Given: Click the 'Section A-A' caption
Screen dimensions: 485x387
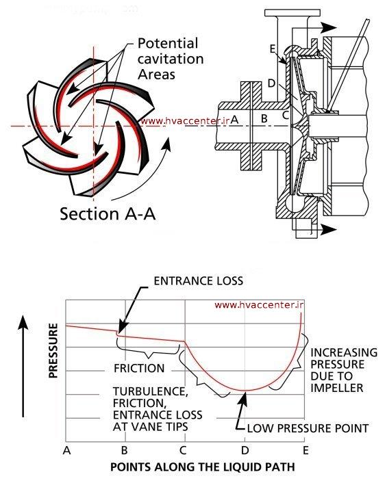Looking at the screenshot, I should pos(108,213).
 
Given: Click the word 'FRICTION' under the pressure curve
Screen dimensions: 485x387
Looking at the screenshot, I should pos(139,369).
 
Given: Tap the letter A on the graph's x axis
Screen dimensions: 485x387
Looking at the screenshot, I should pos(66,451).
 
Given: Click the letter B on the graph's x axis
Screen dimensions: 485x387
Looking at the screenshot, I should pos(125,451).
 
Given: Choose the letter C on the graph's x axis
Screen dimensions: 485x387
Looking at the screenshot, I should pos(183,451).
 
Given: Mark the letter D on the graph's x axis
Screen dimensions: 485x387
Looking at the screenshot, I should pos(244,451).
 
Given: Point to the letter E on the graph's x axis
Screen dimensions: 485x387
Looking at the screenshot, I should pos(304,451).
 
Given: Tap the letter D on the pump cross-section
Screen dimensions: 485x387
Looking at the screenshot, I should pos(272,83).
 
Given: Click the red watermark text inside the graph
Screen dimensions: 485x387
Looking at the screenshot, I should pos(260,306).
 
